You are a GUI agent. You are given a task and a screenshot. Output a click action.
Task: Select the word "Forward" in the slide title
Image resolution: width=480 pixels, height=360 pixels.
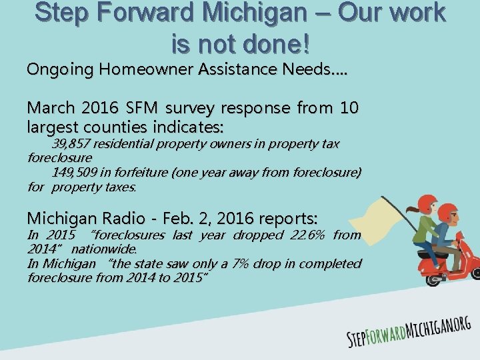(135, 13)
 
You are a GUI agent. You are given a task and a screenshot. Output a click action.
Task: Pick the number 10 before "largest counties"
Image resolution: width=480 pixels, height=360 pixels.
(349, 108)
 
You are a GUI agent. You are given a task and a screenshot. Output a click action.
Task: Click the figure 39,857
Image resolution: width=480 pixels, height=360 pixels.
(71, 144)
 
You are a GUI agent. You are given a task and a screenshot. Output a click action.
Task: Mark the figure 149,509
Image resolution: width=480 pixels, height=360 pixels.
(75, 173)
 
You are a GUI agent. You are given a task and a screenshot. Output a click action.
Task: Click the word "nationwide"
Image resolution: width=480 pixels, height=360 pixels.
(103, 249)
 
